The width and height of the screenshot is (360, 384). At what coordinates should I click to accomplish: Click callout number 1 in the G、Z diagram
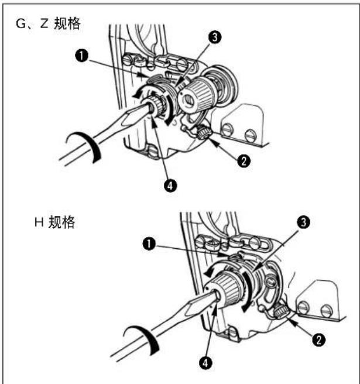click(81, 56)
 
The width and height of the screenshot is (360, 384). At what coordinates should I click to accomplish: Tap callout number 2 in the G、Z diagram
click(244, 161)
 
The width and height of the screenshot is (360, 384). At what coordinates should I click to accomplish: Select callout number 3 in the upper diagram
click(215, 37)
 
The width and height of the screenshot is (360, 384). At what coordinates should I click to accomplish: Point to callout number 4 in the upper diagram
click(170, 186)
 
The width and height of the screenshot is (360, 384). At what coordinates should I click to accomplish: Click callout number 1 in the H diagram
click(149, 244)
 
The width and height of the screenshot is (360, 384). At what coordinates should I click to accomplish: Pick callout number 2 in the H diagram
click(318, 340)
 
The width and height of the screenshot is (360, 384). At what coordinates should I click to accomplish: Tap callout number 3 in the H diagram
click(303, 222)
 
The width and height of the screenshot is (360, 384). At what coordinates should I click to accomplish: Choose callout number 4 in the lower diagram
click(205, 363)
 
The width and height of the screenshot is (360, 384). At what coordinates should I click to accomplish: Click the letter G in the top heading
click(20, 24)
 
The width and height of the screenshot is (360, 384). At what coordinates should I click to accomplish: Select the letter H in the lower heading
click(39, 222)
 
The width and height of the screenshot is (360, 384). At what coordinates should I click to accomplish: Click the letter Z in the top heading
click(44, 24)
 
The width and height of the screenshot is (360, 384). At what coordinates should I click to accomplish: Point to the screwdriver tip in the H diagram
click(217, 294)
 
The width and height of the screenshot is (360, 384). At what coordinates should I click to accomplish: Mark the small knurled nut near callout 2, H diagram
click(280, 312)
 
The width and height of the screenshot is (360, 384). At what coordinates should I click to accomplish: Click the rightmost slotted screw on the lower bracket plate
click(327, 310)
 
